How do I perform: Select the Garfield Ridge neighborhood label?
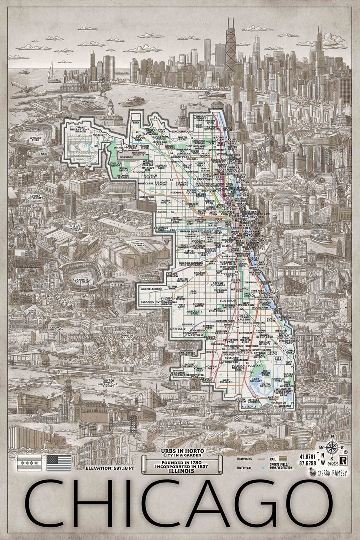tap(150, 289)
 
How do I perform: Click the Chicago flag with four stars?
tap(29, 463)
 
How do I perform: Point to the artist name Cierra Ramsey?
tap(335, 472)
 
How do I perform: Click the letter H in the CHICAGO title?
tap(95, 504)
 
